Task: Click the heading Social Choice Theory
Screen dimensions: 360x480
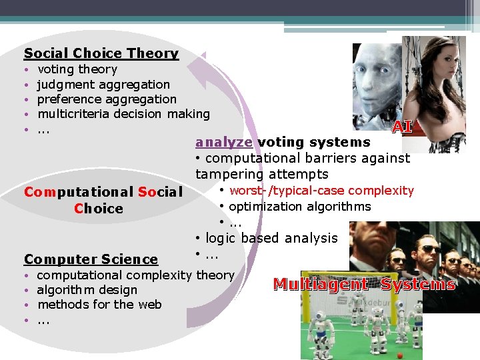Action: pos(101,53)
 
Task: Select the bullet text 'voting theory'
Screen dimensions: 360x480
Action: pos(77,69)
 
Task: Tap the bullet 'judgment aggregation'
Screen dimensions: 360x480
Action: pos(103,85)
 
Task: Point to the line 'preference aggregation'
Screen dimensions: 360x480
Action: pos(107,99)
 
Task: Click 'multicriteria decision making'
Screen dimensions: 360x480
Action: pos(123,114)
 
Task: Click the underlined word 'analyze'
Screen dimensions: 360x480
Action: pos(224,142)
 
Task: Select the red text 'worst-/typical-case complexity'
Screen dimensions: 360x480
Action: pos(321,191)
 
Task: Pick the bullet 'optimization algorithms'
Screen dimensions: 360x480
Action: pos(299,207)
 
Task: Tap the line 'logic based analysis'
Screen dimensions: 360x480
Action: pos(271,238)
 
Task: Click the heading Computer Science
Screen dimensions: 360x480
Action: pos(91,259)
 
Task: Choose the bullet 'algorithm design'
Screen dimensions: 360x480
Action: pos(87,290)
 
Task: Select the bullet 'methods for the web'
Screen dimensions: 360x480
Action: pos(99,305)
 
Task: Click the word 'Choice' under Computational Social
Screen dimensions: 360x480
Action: pos(99,209)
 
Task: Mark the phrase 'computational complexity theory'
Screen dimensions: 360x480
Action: pos(135,275)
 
